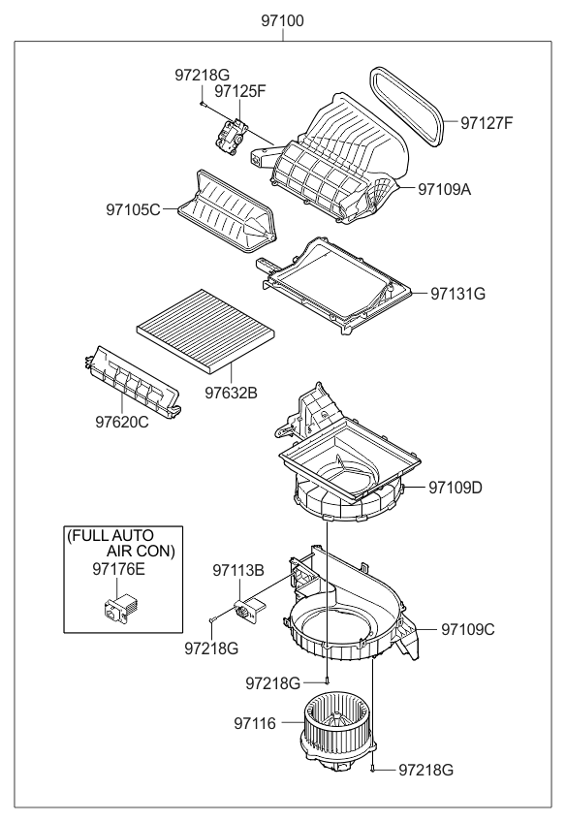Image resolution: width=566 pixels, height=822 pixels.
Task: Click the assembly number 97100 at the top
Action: (x=282, y=19)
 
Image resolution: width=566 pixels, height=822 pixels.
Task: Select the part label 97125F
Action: (x=239, y=91)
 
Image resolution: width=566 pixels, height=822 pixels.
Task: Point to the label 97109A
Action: (x=445, y=190)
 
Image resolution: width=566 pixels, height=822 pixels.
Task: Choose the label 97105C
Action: (x=134, y=207)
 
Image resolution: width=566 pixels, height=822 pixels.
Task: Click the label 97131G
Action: (x=458, y=292)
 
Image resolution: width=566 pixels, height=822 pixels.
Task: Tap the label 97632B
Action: (x=231, y=393)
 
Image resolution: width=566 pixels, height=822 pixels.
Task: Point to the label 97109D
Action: (x=456, y=488)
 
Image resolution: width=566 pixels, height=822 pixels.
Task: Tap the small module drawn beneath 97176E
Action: (x=119, y=608)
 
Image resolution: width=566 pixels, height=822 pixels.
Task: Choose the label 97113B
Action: (x=238, y=571)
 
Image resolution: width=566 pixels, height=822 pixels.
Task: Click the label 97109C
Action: (x=468, y=629)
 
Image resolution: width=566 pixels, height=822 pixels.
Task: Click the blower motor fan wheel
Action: (x=337, y=730)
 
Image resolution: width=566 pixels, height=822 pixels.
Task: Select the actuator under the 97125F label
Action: (x=233, y=132)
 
